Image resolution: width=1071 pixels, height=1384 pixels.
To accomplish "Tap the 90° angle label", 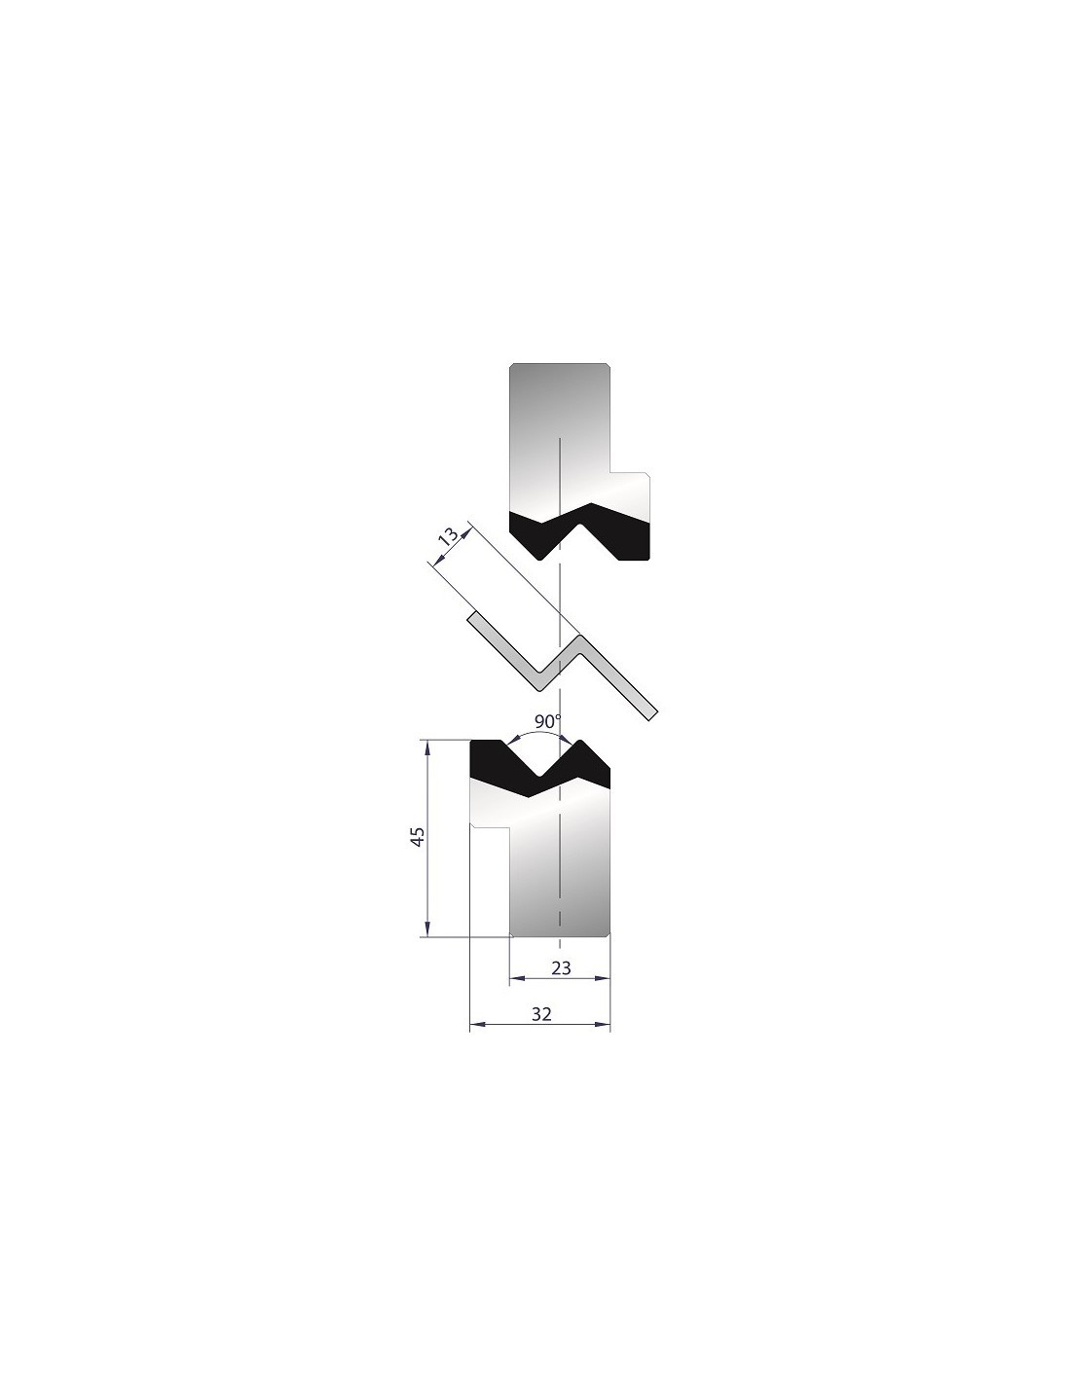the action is pyautogui.click(x=548, y=721).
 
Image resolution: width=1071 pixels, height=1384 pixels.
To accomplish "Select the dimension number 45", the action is pyautogui.click(x=417, y=837).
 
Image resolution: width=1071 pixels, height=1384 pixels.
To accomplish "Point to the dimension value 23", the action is pyautogui.click(x=561, y=986).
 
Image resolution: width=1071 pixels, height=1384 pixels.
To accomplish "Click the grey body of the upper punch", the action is pyautogui.click(x=561, y=440).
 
